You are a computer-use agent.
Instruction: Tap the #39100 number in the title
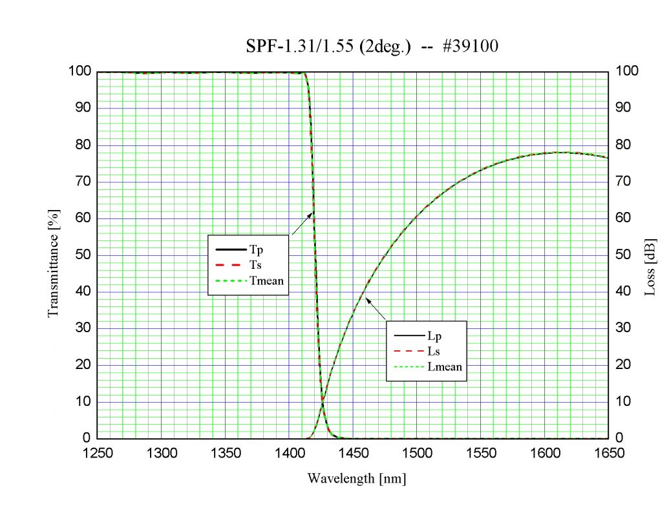470,47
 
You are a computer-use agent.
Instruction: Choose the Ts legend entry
255,265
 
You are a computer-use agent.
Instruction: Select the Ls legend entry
434,352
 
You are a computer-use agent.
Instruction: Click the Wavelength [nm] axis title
356,479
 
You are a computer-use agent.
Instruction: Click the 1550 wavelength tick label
481,453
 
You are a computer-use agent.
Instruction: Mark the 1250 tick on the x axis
98,453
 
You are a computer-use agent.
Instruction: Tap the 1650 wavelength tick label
608,453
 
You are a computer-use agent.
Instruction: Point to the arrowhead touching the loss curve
363,297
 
